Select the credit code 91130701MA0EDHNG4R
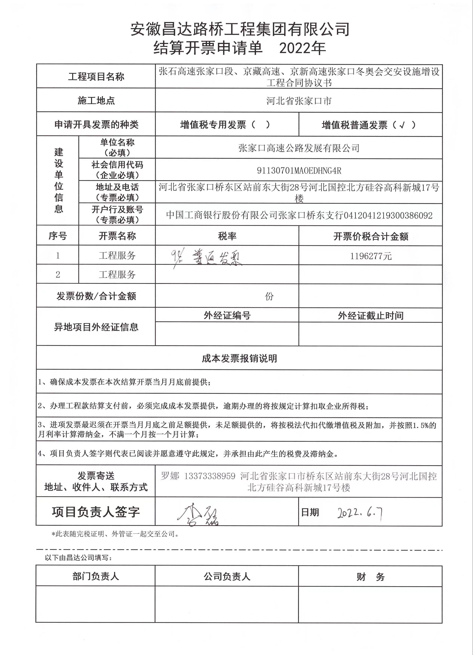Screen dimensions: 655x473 (299, 171)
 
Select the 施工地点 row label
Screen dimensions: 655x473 (96, 100)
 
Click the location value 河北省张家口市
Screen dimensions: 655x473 (299, 101)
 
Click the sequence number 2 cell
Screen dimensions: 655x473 (58, 274)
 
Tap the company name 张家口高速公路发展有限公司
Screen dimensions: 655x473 (299, 148)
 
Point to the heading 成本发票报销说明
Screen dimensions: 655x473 (239, 358)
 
